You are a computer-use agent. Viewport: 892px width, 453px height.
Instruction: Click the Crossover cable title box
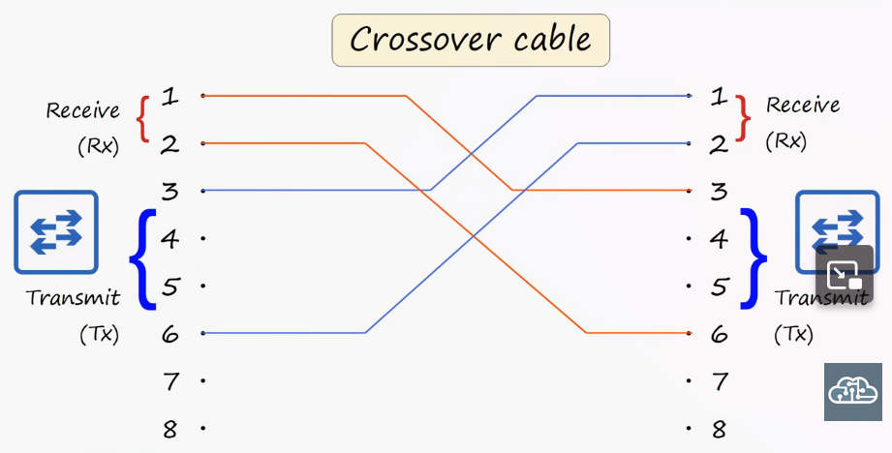point(471,40)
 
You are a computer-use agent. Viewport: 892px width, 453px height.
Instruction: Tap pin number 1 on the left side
point(169,97)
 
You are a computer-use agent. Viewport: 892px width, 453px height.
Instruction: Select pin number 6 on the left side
point(170,334)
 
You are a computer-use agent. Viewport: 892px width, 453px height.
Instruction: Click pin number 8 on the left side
point(170,429)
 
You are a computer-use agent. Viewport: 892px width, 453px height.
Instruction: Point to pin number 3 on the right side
point(720,192)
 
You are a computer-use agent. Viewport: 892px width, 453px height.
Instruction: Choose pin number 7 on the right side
point(721,381)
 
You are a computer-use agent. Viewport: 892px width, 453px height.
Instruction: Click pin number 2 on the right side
point(719,144)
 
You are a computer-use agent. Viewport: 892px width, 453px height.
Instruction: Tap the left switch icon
point(56,232)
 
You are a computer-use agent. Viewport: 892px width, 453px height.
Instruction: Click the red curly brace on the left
point(142,119)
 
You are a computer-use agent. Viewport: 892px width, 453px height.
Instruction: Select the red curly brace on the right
point(744,118)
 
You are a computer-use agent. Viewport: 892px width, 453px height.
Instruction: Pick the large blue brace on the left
point(142,259)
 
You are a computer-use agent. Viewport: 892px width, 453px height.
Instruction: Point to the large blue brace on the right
point(754,258)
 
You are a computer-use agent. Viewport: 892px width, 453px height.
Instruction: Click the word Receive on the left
point(83,109)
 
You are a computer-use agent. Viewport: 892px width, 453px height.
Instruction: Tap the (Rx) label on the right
point(786,141)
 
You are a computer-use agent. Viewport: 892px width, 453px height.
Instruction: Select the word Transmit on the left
point(74,297)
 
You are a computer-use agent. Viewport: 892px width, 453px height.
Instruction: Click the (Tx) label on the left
point(100,335)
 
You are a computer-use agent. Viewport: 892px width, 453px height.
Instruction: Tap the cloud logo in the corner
point(852,392)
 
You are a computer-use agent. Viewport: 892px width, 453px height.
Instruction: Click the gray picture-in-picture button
point(845,275)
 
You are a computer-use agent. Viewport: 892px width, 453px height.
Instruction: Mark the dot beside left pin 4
point(203,239)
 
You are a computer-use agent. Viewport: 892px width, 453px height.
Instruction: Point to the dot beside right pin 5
point(689,286)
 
